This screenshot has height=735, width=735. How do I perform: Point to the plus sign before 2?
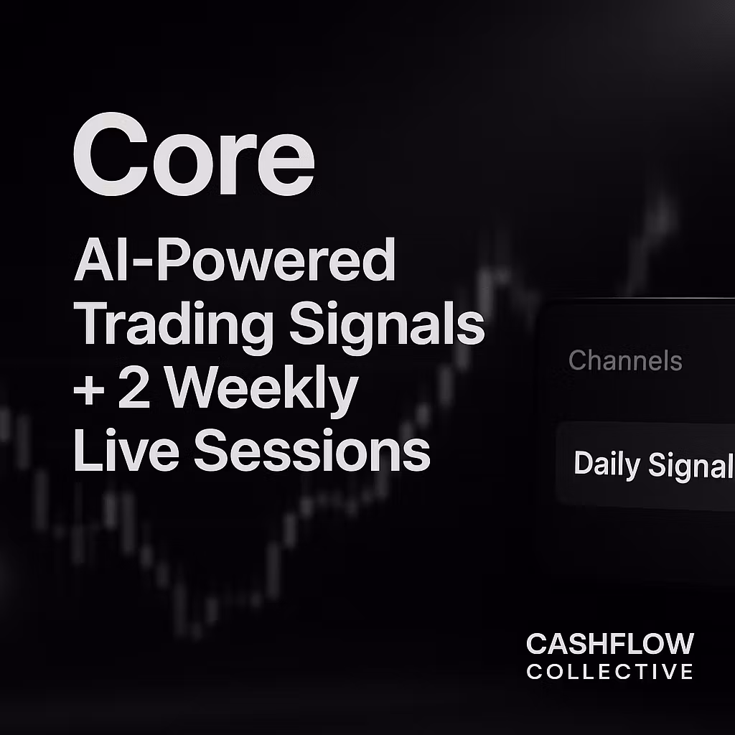point(88,392)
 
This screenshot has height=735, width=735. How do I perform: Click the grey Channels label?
point(624,360)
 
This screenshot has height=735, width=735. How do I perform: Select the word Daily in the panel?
point(607,465)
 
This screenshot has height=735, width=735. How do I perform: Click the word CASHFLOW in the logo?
point(609,644)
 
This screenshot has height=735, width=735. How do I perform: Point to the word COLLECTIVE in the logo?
point(609,673)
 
